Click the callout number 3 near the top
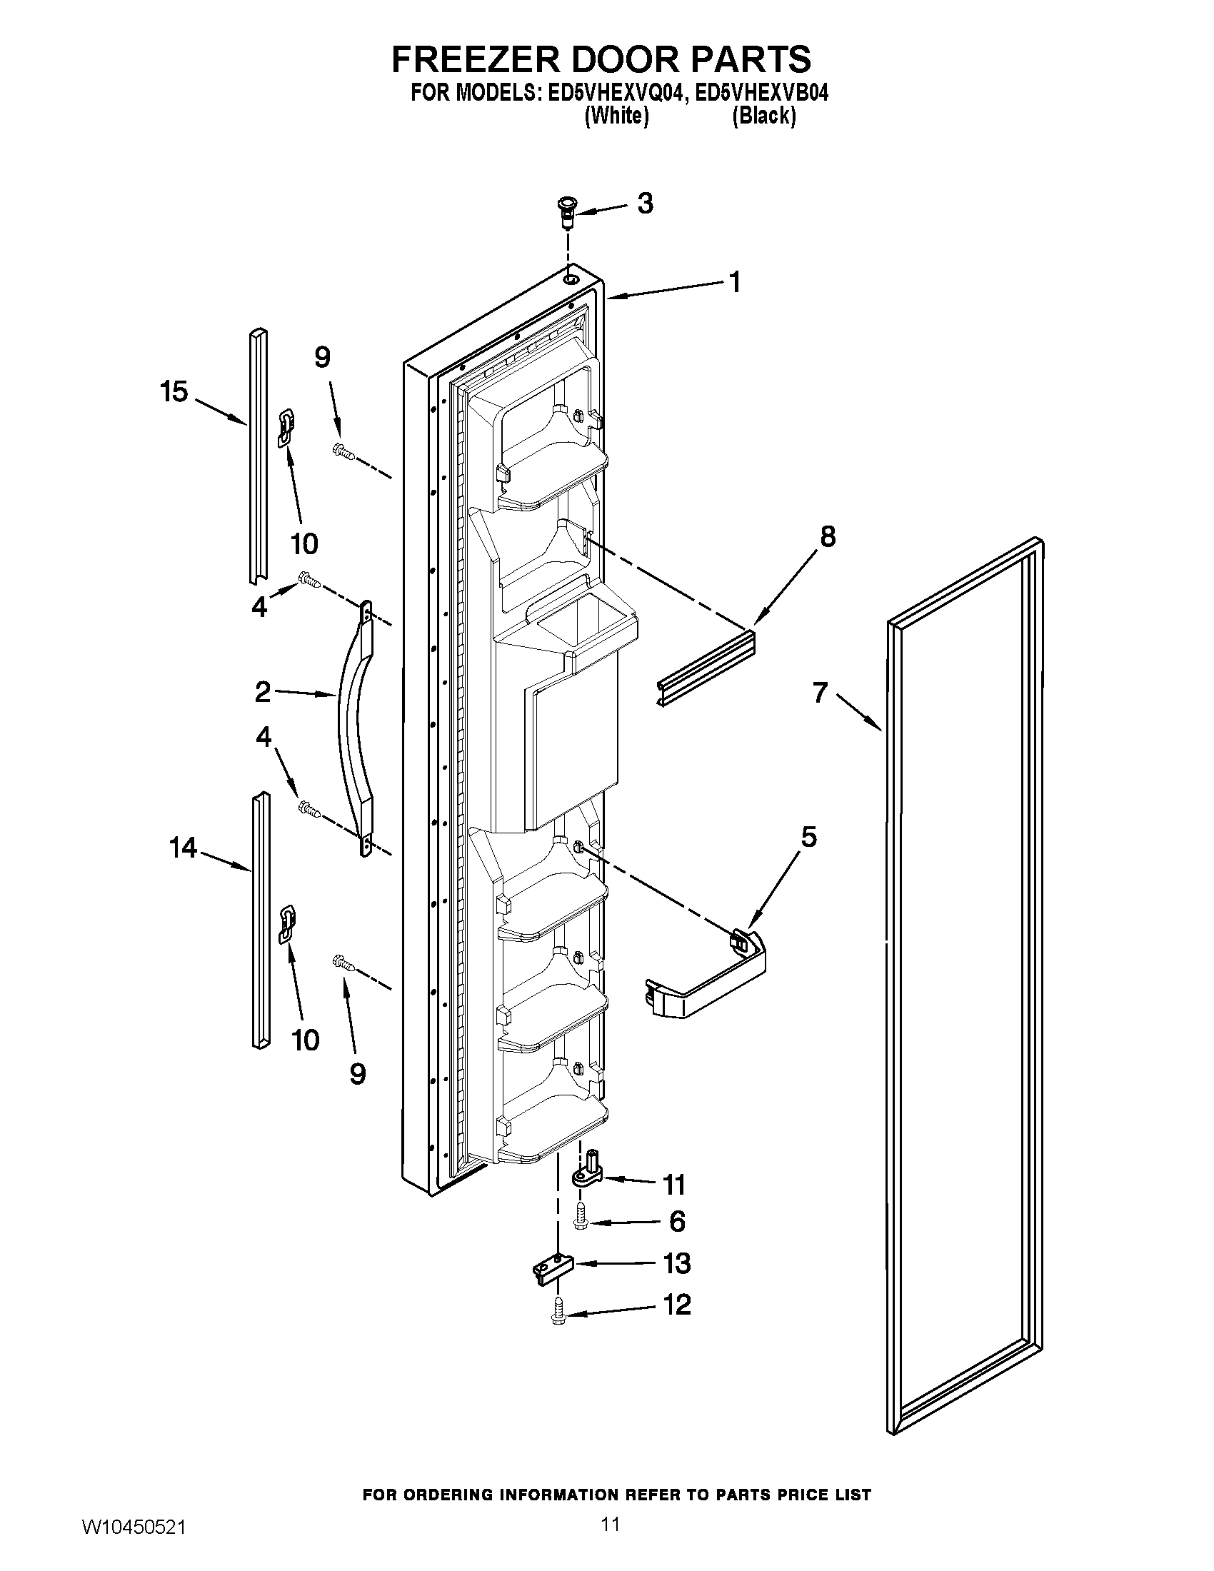point(645,204)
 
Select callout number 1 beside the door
point(733,283)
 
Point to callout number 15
point(174,392)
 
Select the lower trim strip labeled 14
point(261,920)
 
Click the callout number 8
point(828,536)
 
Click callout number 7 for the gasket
point(821,693)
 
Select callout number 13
point(676,1263)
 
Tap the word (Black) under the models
point(764,116)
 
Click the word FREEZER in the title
point(475,60)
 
